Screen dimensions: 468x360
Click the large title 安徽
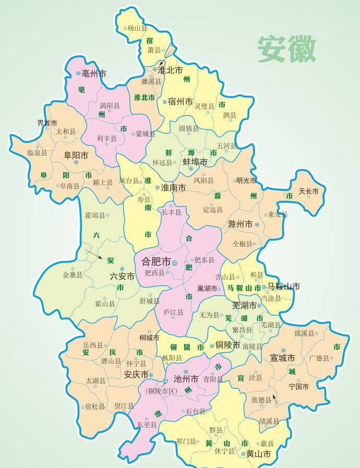[x=286, y=50]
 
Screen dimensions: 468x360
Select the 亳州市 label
[x=94, y=74]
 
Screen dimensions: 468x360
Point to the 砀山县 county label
[x=137, y=29]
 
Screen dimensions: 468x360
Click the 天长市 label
[x=308, y=191]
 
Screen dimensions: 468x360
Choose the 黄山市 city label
[x=258, y=454]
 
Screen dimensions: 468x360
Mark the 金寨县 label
[x=73, y=274]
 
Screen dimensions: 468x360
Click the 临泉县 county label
[x=37, y=153]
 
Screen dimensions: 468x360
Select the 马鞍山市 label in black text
[x=283, y=286]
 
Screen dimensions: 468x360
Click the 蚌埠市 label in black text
[x=195, y=162]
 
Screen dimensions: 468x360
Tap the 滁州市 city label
[x=240, y=224]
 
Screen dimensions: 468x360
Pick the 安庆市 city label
[x=136, y=375]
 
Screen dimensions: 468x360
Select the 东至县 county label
[x=147, y=425]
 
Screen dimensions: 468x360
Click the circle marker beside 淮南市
[x=157, y=187]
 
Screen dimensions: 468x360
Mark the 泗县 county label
[x=230, y=115]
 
